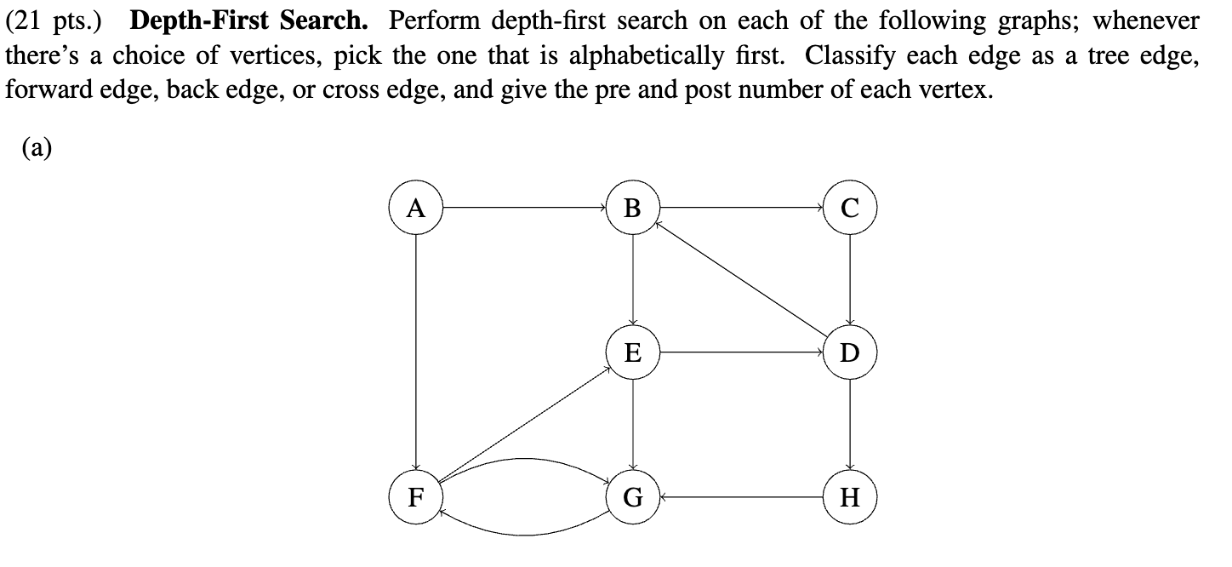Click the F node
(x=415, y=496)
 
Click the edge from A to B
(x=524, y=207)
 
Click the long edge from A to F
(x=415, y=352)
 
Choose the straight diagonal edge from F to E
(x=524, y=424)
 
